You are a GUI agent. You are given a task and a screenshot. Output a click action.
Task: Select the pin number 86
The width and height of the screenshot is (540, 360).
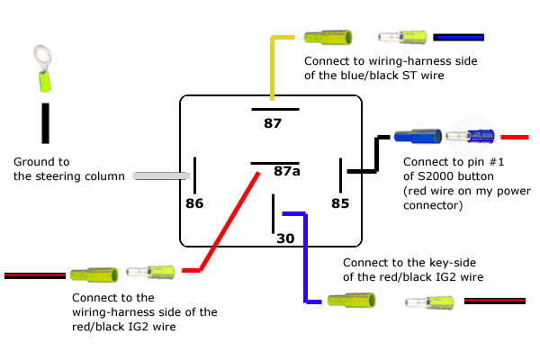click(194, 203)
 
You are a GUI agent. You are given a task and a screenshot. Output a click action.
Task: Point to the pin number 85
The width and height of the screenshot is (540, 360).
click(339, 203)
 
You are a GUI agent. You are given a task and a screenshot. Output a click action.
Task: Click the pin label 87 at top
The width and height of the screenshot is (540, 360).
click(273, 122)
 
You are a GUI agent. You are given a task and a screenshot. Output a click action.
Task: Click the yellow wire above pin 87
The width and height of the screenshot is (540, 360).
click(273, 67)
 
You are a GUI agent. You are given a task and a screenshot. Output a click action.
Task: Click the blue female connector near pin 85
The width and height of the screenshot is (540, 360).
click(417, 137)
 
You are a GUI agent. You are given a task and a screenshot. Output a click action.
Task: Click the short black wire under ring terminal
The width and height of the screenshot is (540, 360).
click(44, 122)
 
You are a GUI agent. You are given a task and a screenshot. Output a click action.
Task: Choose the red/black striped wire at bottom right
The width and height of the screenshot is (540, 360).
click(495, 301)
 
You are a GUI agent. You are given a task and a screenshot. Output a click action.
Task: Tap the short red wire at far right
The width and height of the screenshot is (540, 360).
click(514, 137)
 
